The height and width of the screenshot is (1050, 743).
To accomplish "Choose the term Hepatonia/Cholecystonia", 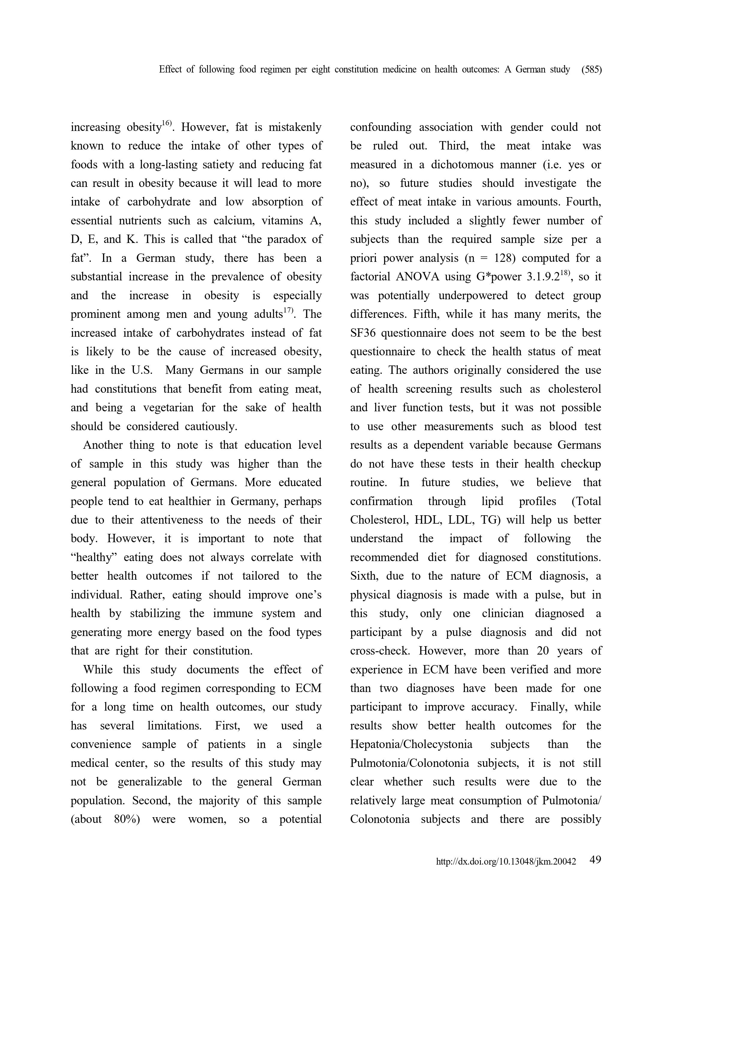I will pos(411,744).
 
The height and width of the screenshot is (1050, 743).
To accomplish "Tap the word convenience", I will pos(101,744).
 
